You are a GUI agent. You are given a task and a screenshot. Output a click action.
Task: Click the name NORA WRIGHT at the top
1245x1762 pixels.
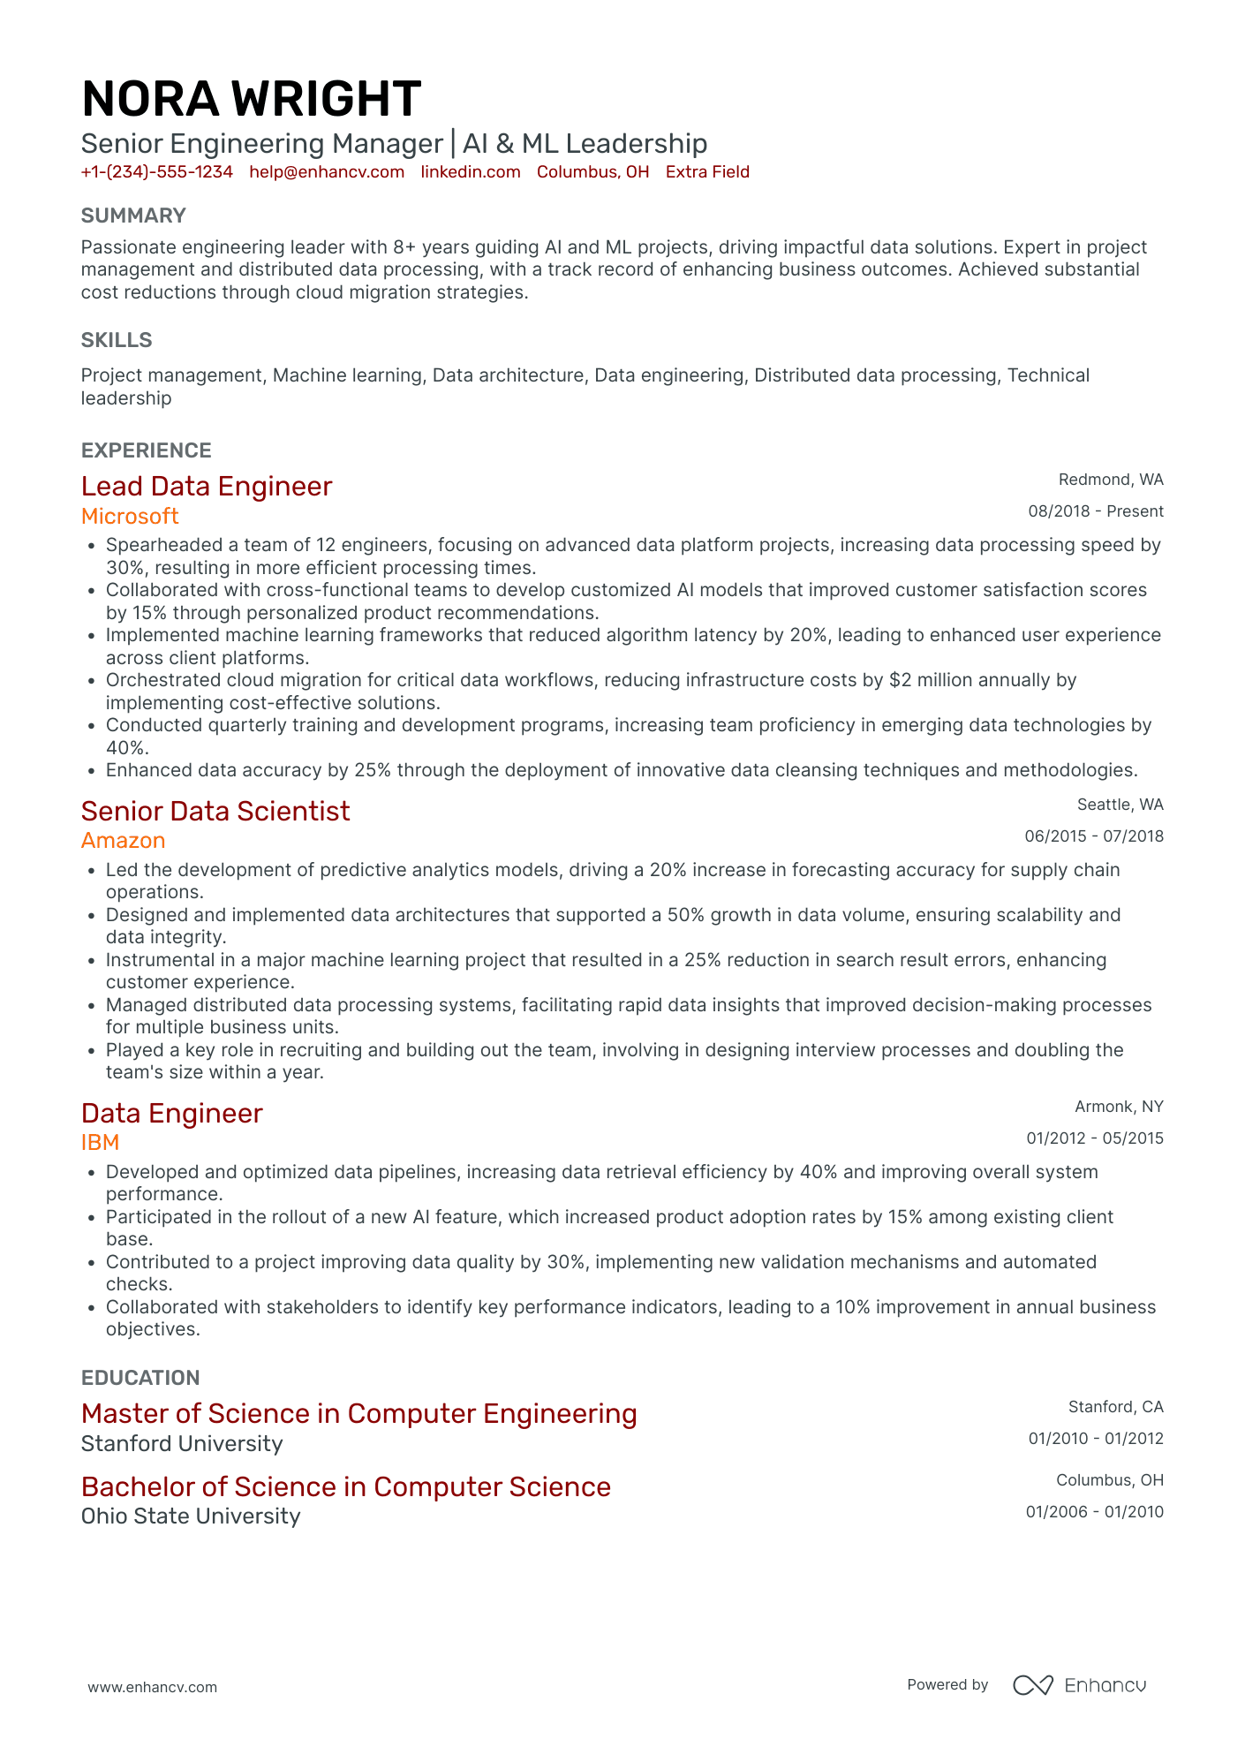tap(251, 99)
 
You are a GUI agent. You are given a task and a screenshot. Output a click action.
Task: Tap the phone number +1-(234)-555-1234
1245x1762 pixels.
tap(156, 172)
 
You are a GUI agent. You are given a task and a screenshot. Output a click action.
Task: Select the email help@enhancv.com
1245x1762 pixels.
tap(327, 172)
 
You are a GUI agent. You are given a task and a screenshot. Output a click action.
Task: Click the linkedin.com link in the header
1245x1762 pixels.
tap(470, 172)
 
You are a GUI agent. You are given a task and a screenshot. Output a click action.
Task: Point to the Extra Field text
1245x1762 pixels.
tap(706, 172)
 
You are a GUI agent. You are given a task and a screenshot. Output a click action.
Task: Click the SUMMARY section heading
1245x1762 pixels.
tap(133, 216)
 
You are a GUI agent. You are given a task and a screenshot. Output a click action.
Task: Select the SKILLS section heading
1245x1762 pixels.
tap(117, 340)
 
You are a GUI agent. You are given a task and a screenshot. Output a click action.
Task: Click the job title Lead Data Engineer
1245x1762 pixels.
tap(206, 487)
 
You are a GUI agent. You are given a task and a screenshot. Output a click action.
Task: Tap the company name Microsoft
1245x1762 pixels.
tap(130, 516)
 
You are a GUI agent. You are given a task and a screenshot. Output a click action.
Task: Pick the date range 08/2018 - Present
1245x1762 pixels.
tap(1095, 511)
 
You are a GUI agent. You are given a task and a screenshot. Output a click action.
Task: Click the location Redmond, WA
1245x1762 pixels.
tap(1110, 480)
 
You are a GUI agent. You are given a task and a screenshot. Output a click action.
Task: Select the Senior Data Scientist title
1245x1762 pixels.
tap(215, 811)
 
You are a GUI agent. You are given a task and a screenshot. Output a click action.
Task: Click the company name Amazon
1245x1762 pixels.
tap(123, 841)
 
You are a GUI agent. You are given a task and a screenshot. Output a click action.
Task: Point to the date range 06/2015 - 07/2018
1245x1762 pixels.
tap(1093, 836)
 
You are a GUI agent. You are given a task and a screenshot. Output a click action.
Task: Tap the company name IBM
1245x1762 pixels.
tap(100, 1143)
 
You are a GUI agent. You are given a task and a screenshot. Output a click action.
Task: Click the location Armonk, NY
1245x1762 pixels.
tap(1118, 1107)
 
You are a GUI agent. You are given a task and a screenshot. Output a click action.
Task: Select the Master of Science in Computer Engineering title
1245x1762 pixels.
tap(358, 1414)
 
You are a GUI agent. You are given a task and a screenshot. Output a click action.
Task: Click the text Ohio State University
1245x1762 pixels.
tap(191, 1516)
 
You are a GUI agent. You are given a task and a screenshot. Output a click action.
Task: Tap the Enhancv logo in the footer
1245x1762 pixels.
tap(1079, 1685)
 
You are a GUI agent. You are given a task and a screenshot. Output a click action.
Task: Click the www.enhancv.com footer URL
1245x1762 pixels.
tap(152, 1687)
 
